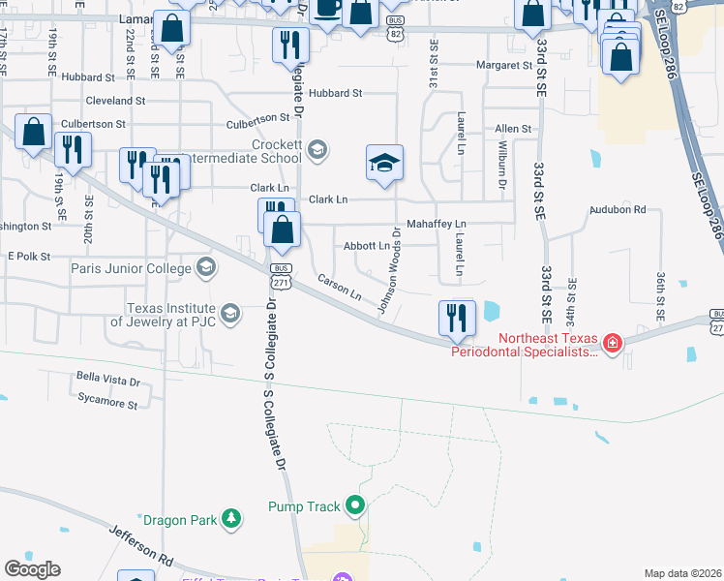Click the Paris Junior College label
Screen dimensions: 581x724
(x=132, y=266)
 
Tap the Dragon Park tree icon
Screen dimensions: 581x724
(x=231, y=520)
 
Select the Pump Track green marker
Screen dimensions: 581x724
(x=355, y=505)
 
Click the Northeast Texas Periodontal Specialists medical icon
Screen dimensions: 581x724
(x=612, y=344)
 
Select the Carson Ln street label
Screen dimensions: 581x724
(x=339, y=287)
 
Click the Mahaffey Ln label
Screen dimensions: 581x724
(x=436, y=224)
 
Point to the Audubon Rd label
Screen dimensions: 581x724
(x=618, y=209)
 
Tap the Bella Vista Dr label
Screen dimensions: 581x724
(x=108, y=382)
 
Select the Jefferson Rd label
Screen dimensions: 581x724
(x=141, y=545)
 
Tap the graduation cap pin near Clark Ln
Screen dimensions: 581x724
(x=384, y=164)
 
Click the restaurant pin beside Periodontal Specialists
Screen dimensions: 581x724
(x=456, y=318)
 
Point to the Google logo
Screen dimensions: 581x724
(x=32, y=569)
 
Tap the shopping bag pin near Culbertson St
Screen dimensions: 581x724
(x=34, y=134)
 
